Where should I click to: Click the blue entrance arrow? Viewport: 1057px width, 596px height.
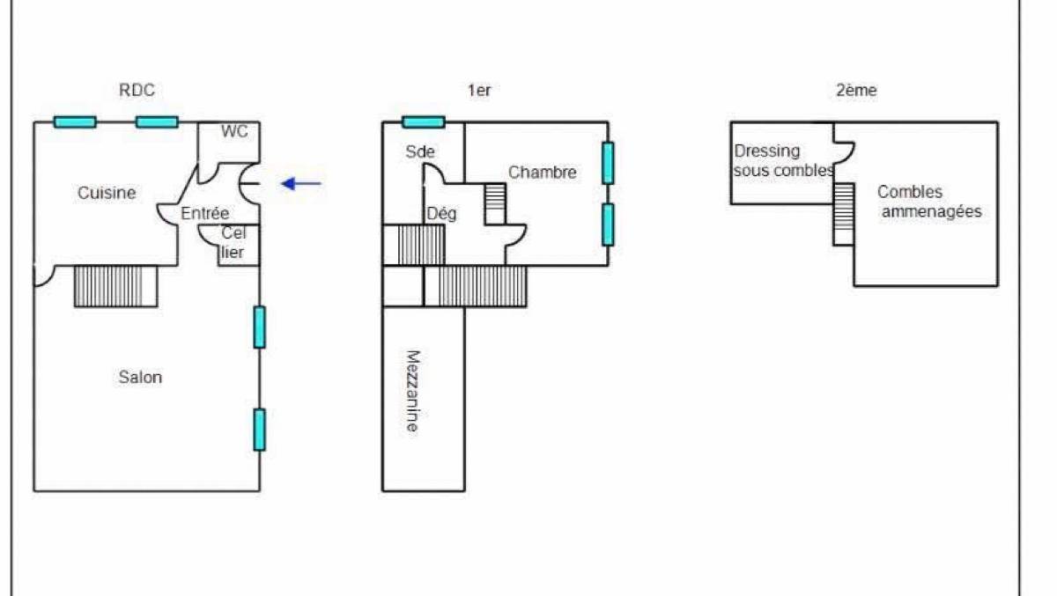[301, 183]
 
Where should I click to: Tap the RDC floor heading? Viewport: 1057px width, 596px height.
[137, 90]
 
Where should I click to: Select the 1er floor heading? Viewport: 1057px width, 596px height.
[479, 90]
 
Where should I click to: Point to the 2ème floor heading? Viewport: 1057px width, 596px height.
[856, 90]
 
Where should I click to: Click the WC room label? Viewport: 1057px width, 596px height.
[234, 131]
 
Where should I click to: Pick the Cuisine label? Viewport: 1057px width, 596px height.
[107, 193]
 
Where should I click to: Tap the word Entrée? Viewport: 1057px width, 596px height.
[204, 214]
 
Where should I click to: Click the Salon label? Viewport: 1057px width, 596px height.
[140, 377]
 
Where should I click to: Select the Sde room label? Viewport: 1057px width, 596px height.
[420, 151]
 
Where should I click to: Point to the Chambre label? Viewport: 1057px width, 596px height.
[543, 173]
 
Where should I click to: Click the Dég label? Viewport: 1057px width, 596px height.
[441, 214]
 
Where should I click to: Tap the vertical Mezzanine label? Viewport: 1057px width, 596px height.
[413, 391]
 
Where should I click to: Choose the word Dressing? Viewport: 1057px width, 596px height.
[767, 151]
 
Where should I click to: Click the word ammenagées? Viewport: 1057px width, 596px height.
[932, 211]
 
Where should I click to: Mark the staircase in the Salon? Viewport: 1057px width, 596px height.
[115, 286]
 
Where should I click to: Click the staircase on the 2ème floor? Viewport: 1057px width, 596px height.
[844, 214]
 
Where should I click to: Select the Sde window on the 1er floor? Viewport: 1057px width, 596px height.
[424, 122]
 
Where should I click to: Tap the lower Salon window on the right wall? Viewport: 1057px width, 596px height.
[260, 430]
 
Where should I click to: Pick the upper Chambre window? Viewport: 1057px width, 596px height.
[609, 163]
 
